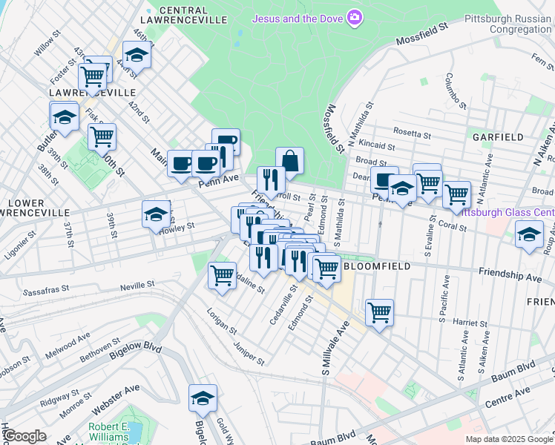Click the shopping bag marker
pos(289,160)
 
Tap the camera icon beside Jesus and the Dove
pos(355,16)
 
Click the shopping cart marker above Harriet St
pos(379,312)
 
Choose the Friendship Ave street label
pos(510,276)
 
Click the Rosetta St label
pos(413,135)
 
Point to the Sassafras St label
pos(50,292)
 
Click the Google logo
pos(24,436)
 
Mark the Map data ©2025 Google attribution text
pos(508,439)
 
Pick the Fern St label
pos(538,57)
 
